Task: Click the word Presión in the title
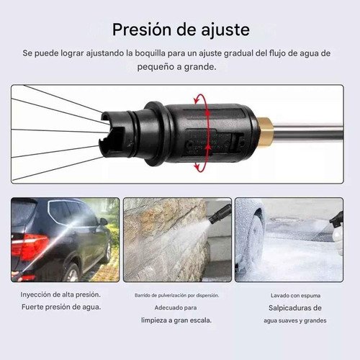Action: click(143, 30)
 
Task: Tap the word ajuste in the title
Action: click(225, 30)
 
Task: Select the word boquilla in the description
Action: click(150, 53)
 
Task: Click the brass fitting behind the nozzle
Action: click(265, 132)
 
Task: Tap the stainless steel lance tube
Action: click(307, 132)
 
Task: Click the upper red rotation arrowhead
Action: click(197, 99)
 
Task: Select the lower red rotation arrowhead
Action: click(198, 166)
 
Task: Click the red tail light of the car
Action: click(30, 247)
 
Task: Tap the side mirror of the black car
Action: click(103, 222)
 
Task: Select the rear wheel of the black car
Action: click(71, 272)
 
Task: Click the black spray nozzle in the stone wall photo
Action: click(220, 214)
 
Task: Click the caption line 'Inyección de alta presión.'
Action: click(60, 294)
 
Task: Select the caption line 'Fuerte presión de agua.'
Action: click(61, 307)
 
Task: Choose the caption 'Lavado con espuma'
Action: click(295, 295)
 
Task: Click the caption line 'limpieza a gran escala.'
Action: click(176, 320)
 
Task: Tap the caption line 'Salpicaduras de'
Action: click(295, 308)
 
